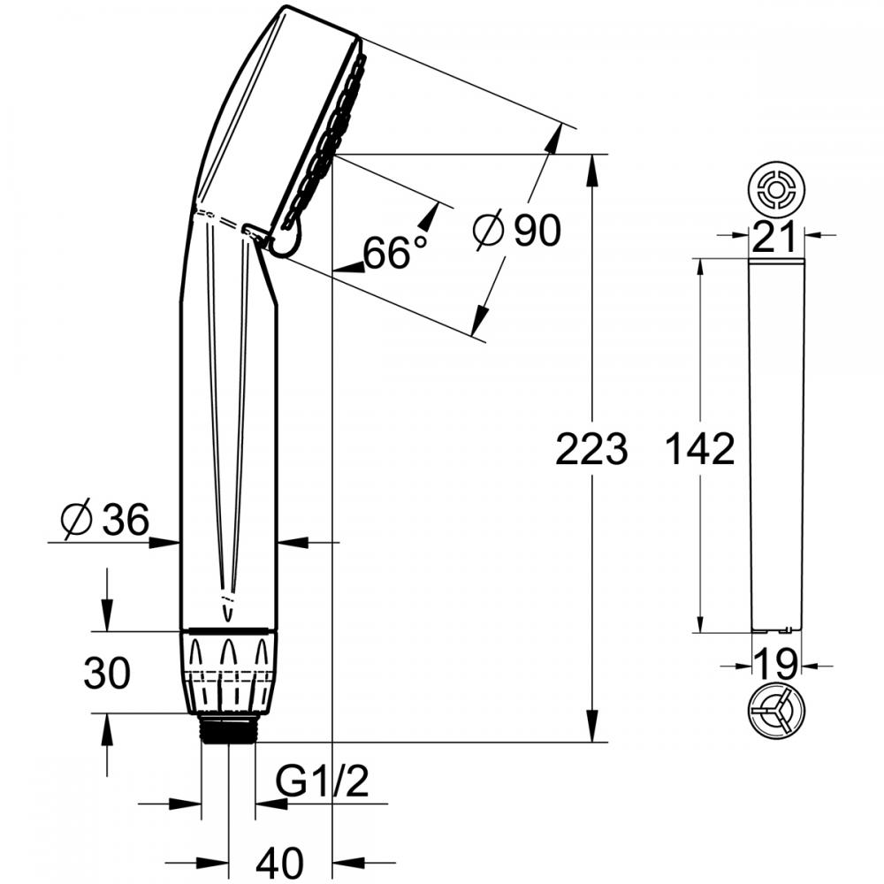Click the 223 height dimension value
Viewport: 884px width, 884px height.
click(x=591, y=449)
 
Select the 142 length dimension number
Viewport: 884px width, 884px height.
click(x=700, y=449)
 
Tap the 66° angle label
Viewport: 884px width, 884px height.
click(x=395, y=252)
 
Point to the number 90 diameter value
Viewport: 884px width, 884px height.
click(x=537, y=230)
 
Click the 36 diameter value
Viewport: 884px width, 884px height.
click(x=126, y=519)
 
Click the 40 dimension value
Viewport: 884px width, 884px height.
click(x=280, y=863)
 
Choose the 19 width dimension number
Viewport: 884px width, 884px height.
click(x=776, y=663)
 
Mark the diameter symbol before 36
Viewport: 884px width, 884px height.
click(x=76, y=519)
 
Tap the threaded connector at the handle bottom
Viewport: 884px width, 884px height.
click(x=228, y=728)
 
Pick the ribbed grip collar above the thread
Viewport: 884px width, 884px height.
click(x=228, y=672)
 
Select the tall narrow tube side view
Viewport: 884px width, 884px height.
click(x=776, y=446)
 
